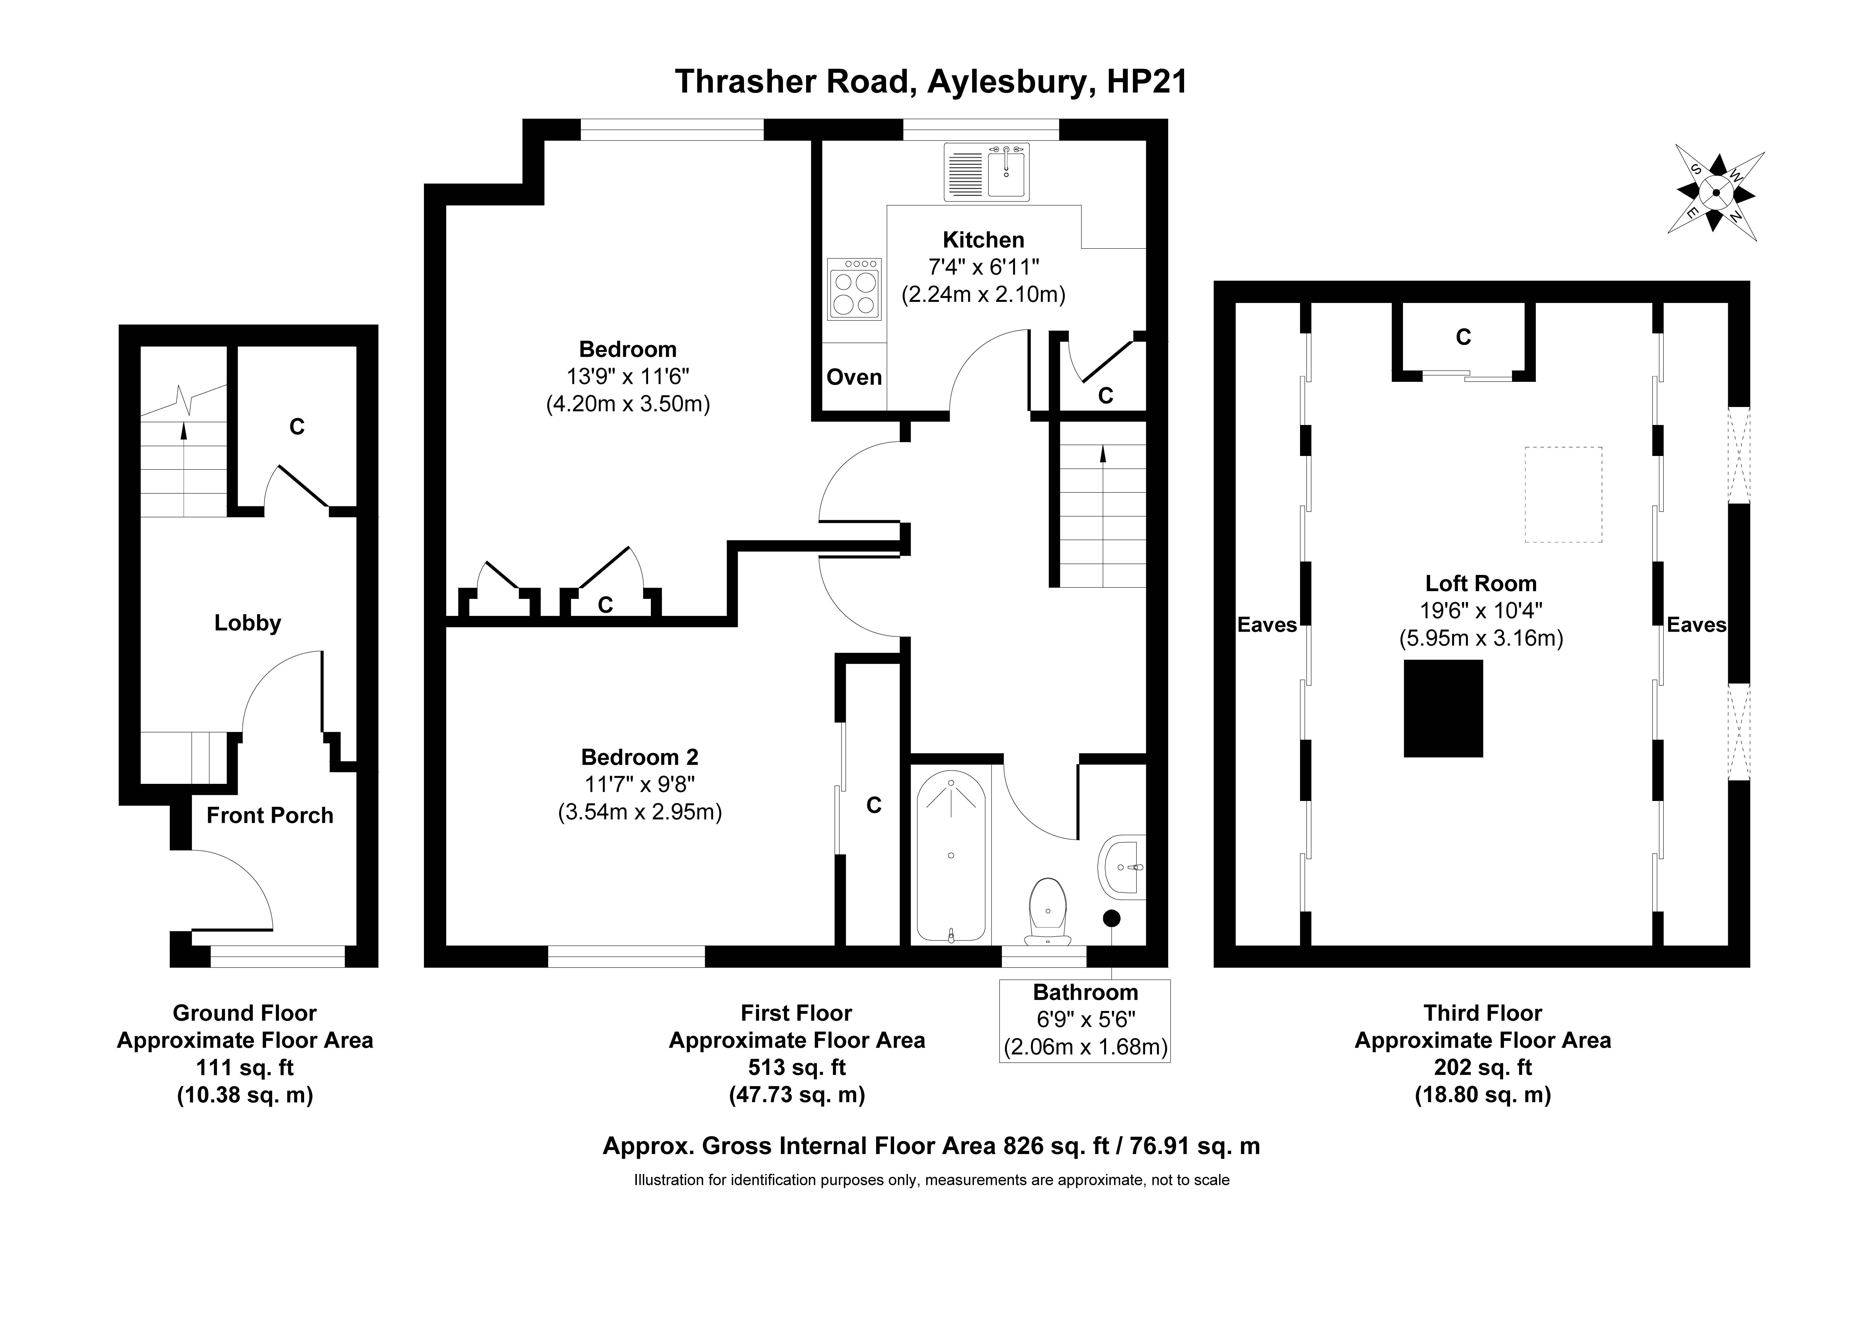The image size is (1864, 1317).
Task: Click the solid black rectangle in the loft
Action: (1443, 708)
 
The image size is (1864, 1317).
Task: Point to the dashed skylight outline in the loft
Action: (1563, 494)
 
